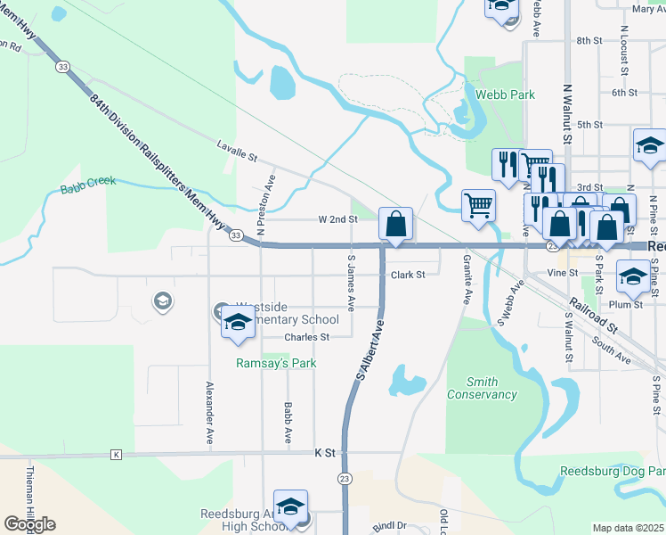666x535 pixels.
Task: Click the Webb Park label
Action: [505, 95]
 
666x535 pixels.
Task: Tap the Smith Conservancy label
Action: [481, 388]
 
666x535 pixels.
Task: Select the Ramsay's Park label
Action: [276, 364]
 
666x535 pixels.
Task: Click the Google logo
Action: [29, 524]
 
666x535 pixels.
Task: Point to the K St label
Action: [325, 453]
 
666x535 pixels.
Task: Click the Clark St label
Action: [408, 276]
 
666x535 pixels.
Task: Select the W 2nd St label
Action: [337, 218]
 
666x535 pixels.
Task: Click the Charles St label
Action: [307, 337]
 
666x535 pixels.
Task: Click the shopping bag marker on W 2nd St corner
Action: [396, 224]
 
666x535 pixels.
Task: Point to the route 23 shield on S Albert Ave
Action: [345, 479]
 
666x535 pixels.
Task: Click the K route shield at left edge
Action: [116, 455]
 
